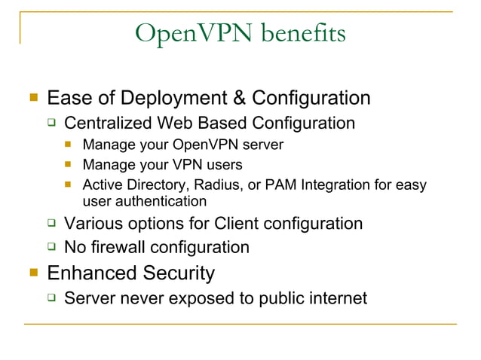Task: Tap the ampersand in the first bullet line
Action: [240, 99]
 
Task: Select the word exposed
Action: [202, 299]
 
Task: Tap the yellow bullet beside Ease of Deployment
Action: [32, 98]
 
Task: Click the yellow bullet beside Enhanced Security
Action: [32, 272]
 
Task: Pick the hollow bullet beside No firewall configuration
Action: [51, 246]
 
